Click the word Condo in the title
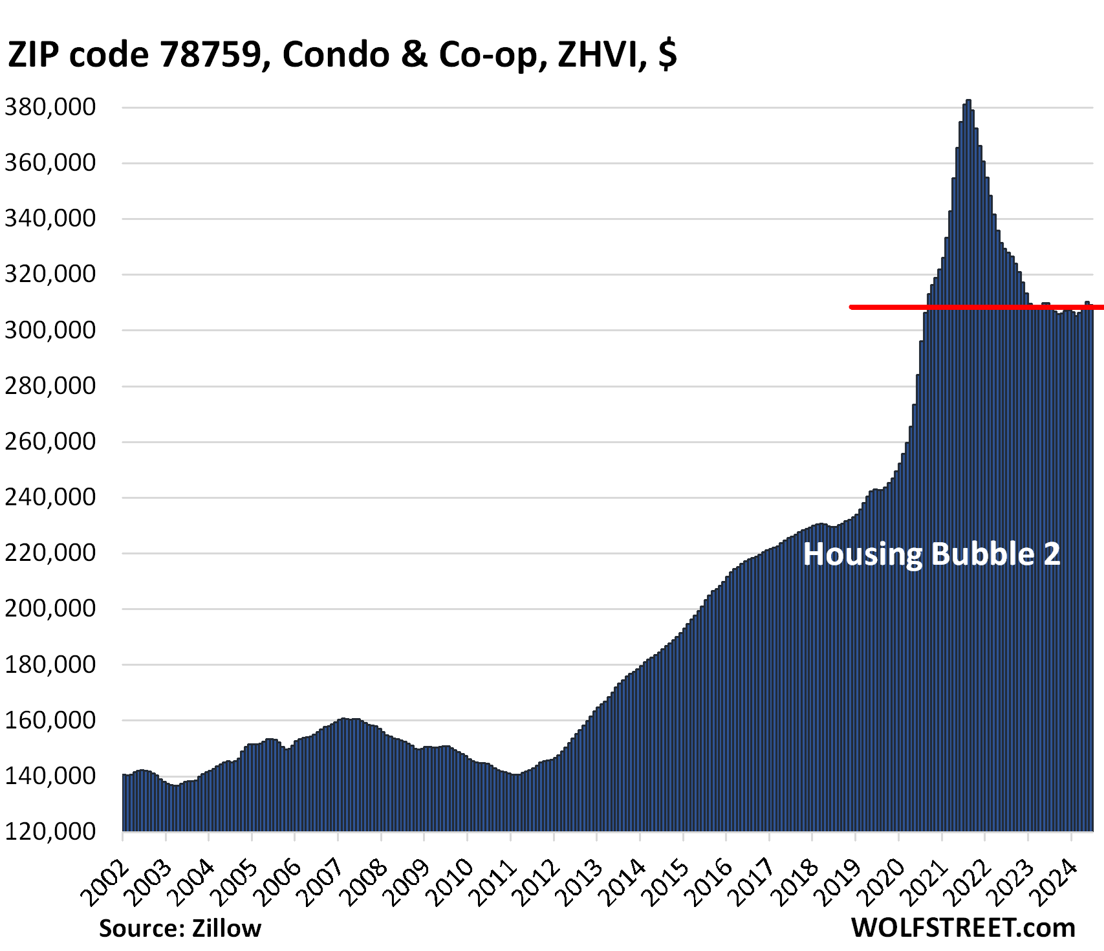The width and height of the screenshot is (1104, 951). pyautogui.click(x=336, y=54)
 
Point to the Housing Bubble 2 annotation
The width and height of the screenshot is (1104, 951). pyautogui.click(x=931, y=554)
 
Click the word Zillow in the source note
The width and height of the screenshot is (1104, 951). pyautogui.click(x=226, y=928)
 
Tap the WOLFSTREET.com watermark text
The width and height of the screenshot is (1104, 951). pyautogui.click(x=963, y=928)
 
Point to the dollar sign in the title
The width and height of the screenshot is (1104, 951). pyautogui.click(x=667, y=54)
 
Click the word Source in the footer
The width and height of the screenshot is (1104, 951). pyautogui.click(x=141, y=928)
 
